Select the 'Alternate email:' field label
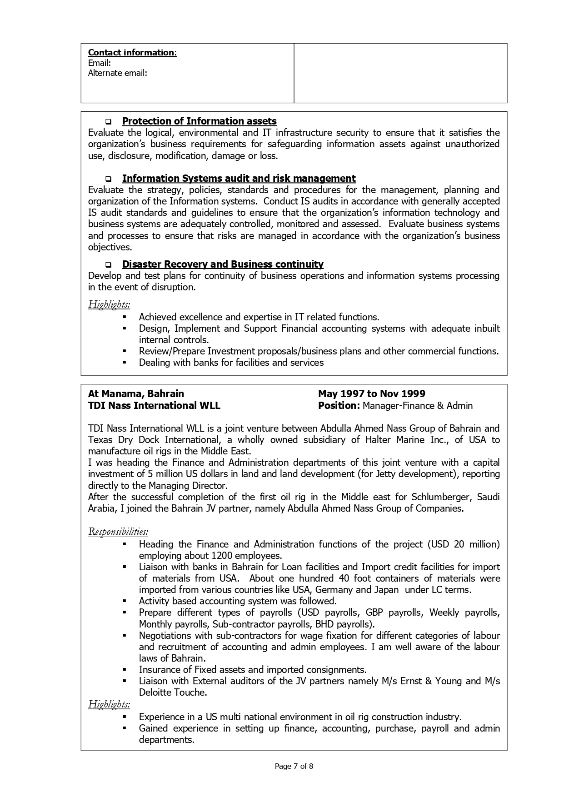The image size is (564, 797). pyautogui.click(x=117, y=73)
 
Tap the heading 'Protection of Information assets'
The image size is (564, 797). pyautogui.click(x=199, y=121)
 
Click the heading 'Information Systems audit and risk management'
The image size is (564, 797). pyautogui.click(x=239, y=179)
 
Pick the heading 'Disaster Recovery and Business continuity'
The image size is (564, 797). pyautogui.click(x=223, y=264)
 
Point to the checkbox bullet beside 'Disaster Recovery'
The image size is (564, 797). pyautogui.click(x=109, y=264)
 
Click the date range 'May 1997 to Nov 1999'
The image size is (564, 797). pyautogui.click(x=371, y=394)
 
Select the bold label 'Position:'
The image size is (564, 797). pyautogui.click(x=339, y=406)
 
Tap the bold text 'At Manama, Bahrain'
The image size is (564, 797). pyautogui.click(x=136, y=394)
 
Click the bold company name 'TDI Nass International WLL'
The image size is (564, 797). pyautogui.click(x=154, y=406)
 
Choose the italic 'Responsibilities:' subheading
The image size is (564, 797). pyautogui.click(x=118, y=532)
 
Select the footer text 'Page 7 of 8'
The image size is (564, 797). pyautogui.click(x=294, y=767)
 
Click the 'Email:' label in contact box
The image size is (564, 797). pyautogui.click(x=100, y=63)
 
